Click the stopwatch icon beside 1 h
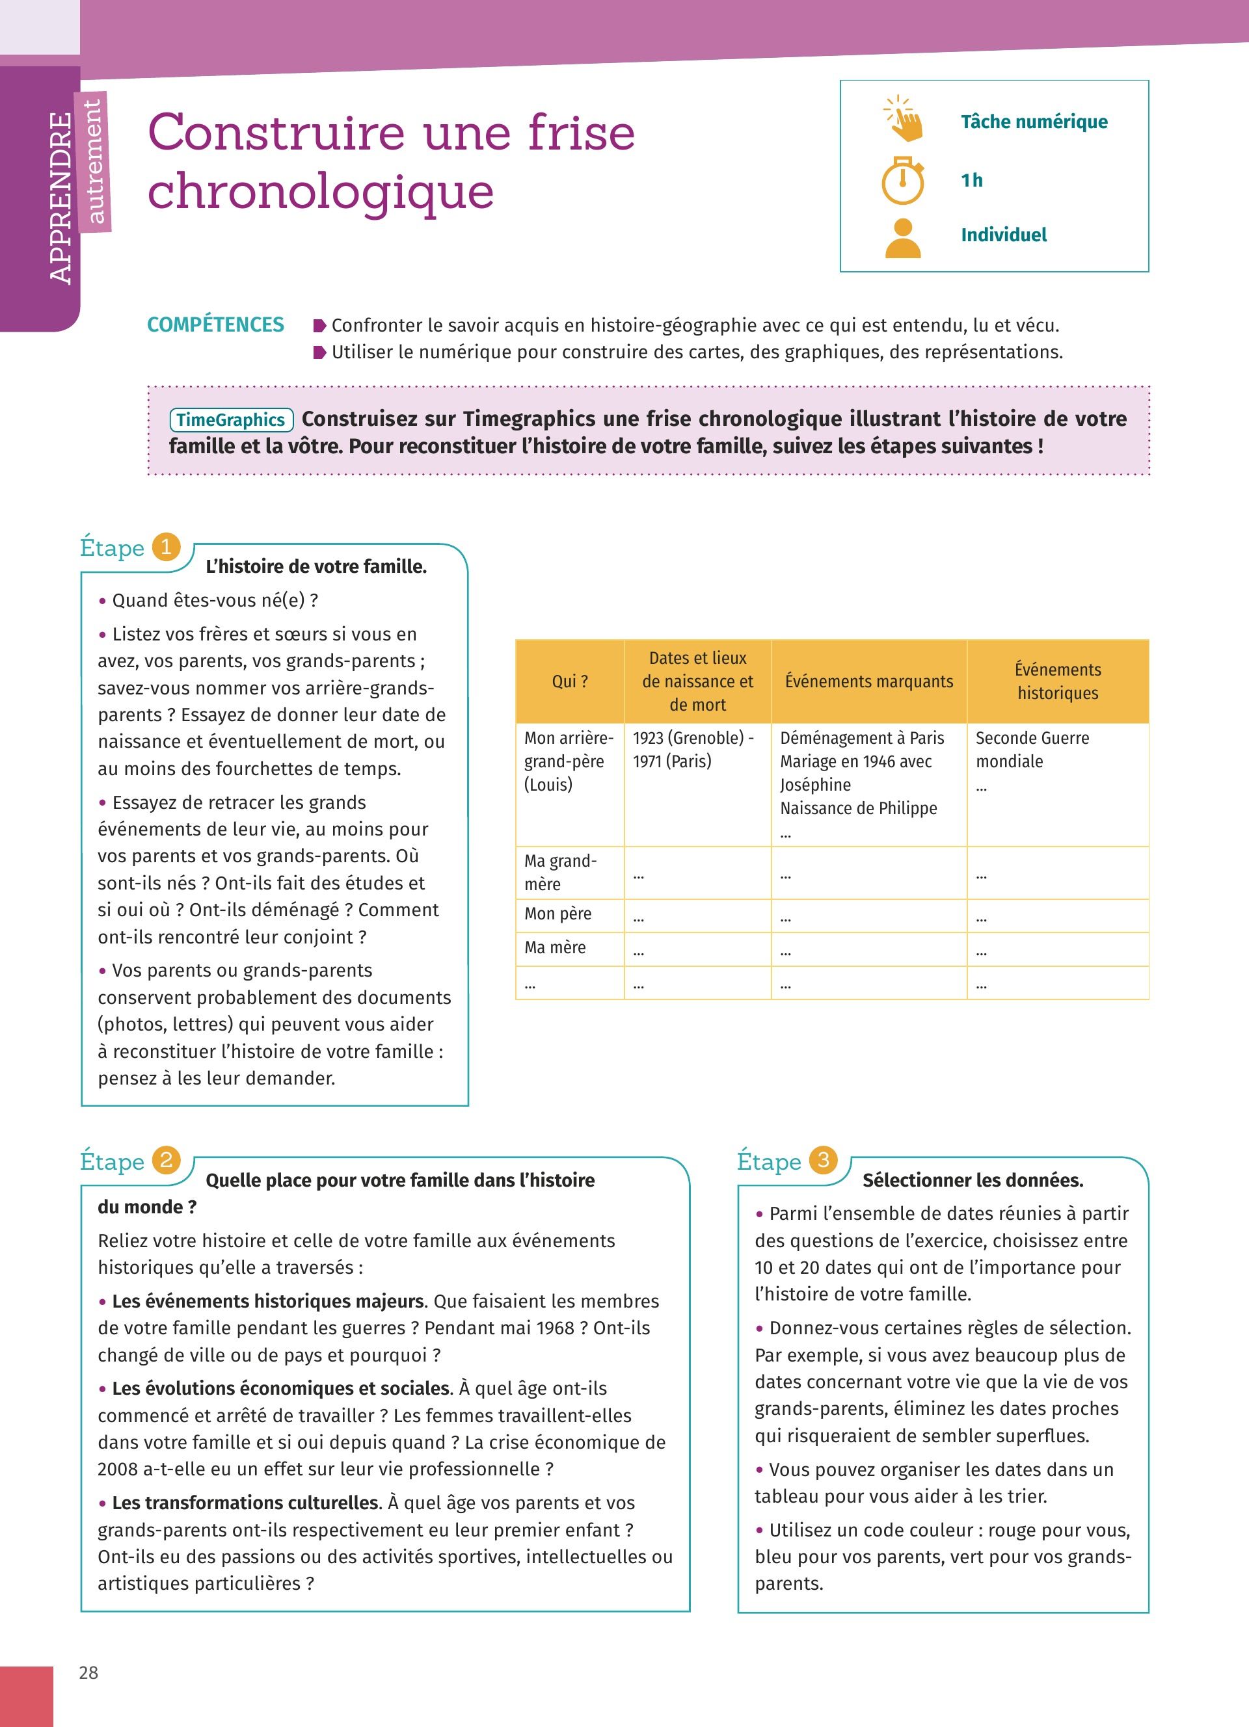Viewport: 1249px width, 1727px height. coord(902,181)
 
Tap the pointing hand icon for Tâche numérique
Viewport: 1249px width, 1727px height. coord(904,120)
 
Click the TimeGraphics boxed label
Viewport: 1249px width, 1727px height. coord(231,419)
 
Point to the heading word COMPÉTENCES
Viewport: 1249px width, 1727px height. coord(215,325)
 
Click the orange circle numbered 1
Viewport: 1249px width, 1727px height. coord(166,547)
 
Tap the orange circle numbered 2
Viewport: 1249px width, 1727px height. coord(166,1161)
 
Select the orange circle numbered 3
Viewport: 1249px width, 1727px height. coord(824,1161)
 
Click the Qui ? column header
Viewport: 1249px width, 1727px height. coord(570,681)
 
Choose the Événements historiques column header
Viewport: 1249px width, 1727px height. coord(1058,681)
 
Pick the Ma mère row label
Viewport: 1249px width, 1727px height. coord(555,947)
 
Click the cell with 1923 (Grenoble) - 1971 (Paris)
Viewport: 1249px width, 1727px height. coord(693,749)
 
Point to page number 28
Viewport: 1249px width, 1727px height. coord(88,1672)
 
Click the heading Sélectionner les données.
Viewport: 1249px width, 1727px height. coord(973,1180)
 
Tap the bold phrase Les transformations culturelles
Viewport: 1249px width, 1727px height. coord(245,1503)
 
